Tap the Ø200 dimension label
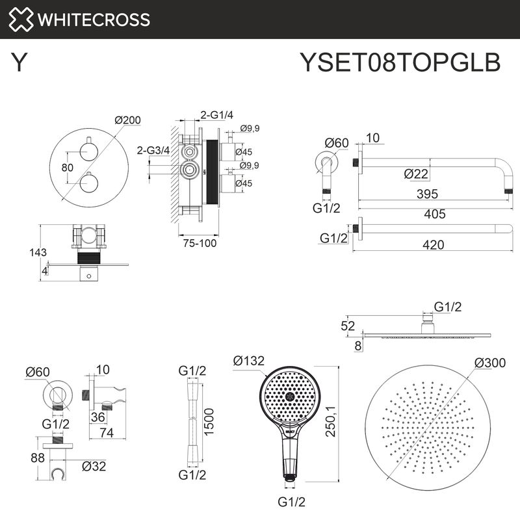(x=127, y=120)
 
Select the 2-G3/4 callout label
(x=153, y=151)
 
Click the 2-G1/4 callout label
(x=217, y=115)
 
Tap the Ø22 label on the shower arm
(x=416, y=174)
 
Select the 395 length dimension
(x=426, y=194)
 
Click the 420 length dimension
(x=432, y=244)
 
